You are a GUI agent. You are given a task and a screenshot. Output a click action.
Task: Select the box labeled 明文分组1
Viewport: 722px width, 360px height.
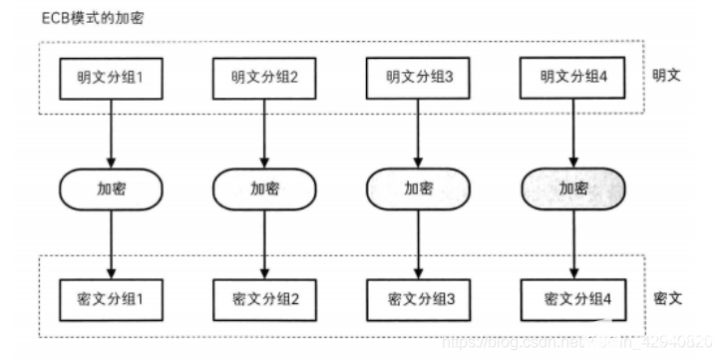(x=111, y=77)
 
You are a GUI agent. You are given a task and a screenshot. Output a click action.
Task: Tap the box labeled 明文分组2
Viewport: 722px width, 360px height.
(x=264, y=77)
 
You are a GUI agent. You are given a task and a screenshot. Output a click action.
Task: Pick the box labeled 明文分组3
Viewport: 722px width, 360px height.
(x=418, y=77)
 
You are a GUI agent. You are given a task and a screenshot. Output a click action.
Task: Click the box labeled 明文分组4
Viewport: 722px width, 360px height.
(x=571, y=77)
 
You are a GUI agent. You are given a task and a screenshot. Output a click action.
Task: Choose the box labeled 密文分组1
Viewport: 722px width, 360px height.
(x=111, y=298)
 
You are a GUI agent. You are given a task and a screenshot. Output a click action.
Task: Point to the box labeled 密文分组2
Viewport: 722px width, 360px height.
(x=264, y=298)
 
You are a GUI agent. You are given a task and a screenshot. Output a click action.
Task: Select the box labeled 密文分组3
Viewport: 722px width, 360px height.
(x=418, y=298)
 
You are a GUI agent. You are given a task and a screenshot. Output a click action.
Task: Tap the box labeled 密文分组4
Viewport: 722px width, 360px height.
(x=571, y=298)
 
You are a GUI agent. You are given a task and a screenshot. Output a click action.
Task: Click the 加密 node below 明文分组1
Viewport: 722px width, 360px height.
(x=111, y=187)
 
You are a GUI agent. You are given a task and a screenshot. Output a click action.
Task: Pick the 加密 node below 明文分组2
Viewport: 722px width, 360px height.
(x=264, y=187)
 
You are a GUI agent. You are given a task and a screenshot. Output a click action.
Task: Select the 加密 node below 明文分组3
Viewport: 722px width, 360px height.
(x=418, y=187)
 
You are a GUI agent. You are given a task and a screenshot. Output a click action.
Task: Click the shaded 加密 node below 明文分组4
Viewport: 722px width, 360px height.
(x=571, y=187)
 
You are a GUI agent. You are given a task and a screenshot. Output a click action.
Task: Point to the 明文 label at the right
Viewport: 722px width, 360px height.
(x=666, y=76)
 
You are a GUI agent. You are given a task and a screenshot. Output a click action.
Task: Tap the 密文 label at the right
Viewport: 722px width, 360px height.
(x=666, y=298)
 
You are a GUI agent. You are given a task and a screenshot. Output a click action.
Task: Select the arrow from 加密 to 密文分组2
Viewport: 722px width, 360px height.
(x=264, y=242)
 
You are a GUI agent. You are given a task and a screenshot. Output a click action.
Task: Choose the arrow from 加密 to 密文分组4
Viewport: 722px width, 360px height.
(x=571, y=242)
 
